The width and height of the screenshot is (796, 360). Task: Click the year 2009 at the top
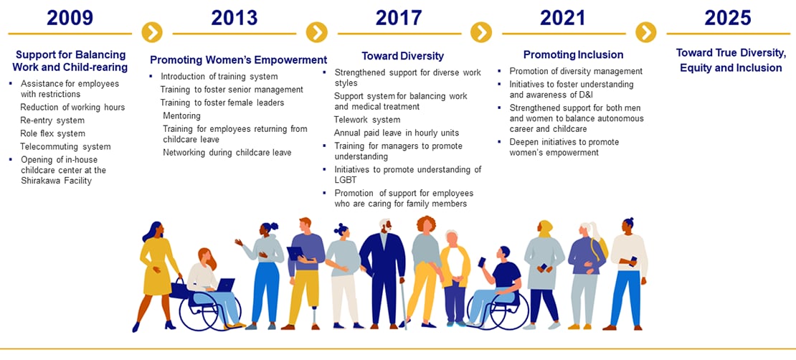pos(70,18)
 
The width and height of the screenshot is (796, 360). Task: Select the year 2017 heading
pos(399,18)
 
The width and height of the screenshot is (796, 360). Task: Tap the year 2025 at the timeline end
pos(727,18)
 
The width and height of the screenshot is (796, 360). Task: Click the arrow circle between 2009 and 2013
pos(152,32)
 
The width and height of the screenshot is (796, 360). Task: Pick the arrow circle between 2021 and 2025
pos(645,32)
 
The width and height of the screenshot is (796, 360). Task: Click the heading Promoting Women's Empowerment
pos(239,60)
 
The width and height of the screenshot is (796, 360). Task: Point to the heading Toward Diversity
pos(402,56)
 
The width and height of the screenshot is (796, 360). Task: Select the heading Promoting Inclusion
pos(573,55)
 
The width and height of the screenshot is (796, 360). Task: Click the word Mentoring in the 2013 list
pos(181,115)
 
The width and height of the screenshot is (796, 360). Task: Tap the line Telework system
pos(367,120)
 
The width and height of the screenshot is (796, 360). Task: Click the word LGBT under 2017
pos(345,180)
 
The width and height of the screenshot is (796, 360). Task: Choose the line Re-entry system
pos(52,120)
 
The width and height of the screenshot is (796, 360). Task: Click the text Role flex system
pos(53,133)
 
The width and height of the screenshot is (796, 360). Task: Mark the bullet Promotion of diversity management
pos(576,71)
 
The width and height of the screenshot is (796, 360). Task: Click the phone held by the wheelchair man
pos(482,262)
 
